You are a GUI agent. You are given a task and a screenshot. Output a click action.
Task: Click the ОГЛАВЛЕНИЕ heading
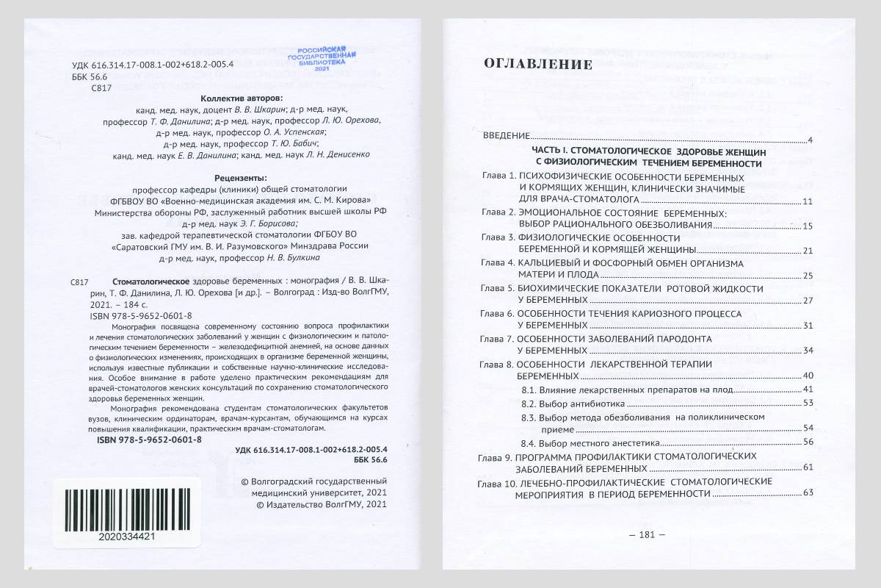(x=537, y=65)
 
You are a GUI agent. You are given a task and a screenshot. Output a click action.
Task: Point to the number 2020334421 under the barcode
(x=126, y=537)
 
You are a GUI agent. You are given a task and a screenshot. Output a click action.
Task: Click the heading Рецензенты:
(x=240, y=177)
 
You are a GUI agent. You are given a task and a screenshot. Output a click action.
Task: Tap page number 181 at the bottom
(x=647, y=535)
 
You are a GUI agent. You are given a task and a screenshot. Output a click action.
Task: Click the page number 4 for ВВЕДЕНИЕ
(x=808, y=140)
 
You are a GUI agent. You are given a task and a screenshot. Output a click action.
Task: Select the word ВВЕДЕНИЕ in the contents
(x=506, y=137)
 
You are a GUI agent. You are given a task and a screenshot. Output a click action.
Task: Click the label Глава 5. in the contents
(x=498, y=289)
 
